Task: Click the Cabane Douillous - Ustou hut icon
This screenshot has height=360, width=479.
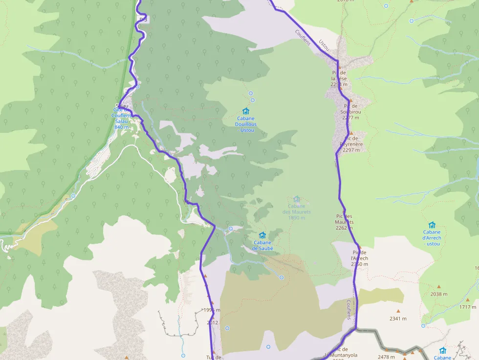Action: coord(246,111)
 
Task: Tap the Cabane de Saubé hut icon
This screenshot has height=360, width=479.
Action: coord(262,235)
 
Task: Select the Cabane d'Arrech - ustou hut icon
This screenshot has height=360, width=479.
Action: coord(432,225)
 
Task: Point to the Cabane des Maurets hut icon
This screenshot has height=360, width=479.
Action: coord(296,199)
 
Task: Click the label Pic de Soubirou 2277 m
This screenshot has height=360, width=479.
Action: coord(351,111)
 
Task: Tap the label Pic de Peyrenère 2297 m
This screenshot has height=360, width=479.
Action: coord(351,144)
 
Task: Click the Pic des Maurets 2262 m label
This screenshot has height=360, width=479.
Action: coord(345,222)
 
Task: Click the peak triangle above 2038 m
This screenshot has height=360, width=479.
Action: coord(438,287)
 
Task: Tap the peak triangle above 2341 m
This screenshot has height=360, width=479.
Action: coord(398,311)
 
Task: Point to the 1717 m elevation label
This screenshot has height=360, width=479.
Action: coord(468,307)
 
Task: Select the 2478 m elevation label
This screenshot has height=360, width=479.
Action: coord(386,357)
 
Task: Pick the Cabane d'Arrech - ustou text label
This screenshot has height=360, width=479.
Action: coord(432,238)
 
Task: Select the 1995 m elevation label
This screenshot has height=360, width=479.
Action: coord(212,310)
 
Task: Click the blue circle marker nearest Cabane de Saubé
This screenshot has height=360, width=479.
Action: coord(230,229)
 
